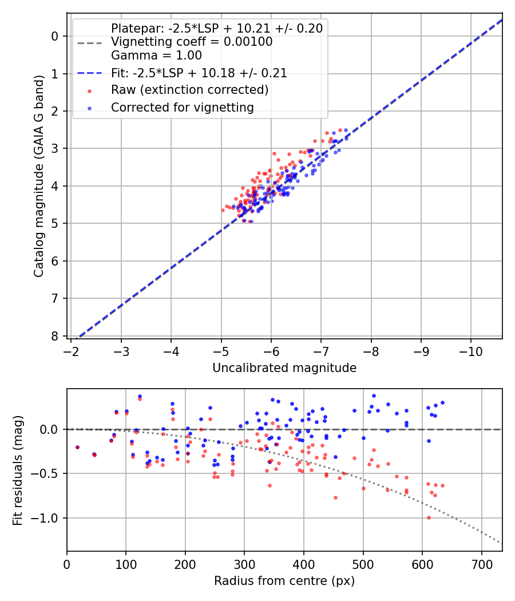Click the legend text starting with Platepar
(x=216, y=28)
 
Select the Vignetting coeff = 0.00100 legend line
(x=192, y=42)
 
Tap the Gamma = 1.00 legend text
(x=156, y=56)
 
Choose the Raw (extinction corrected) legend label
(x=189, y=90)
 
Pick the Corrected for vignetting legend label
(x=182, y=107)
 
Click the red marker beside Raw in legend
(x=89, y=90)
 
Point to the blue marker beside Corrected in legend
(x=89, y=108)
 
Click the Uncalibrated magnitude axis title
(x=284, y=368)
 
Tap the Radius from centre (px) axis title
(x=284, y=581)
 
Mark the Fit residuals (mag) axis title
(x=18, y=470)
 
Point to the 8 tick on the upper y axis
(x=56, y=336)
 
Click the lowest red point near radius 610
(x=429, y=517)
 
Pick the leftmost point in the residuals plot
(x=77, y=447)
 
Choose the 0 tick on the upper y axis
(x=56, y=36)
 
